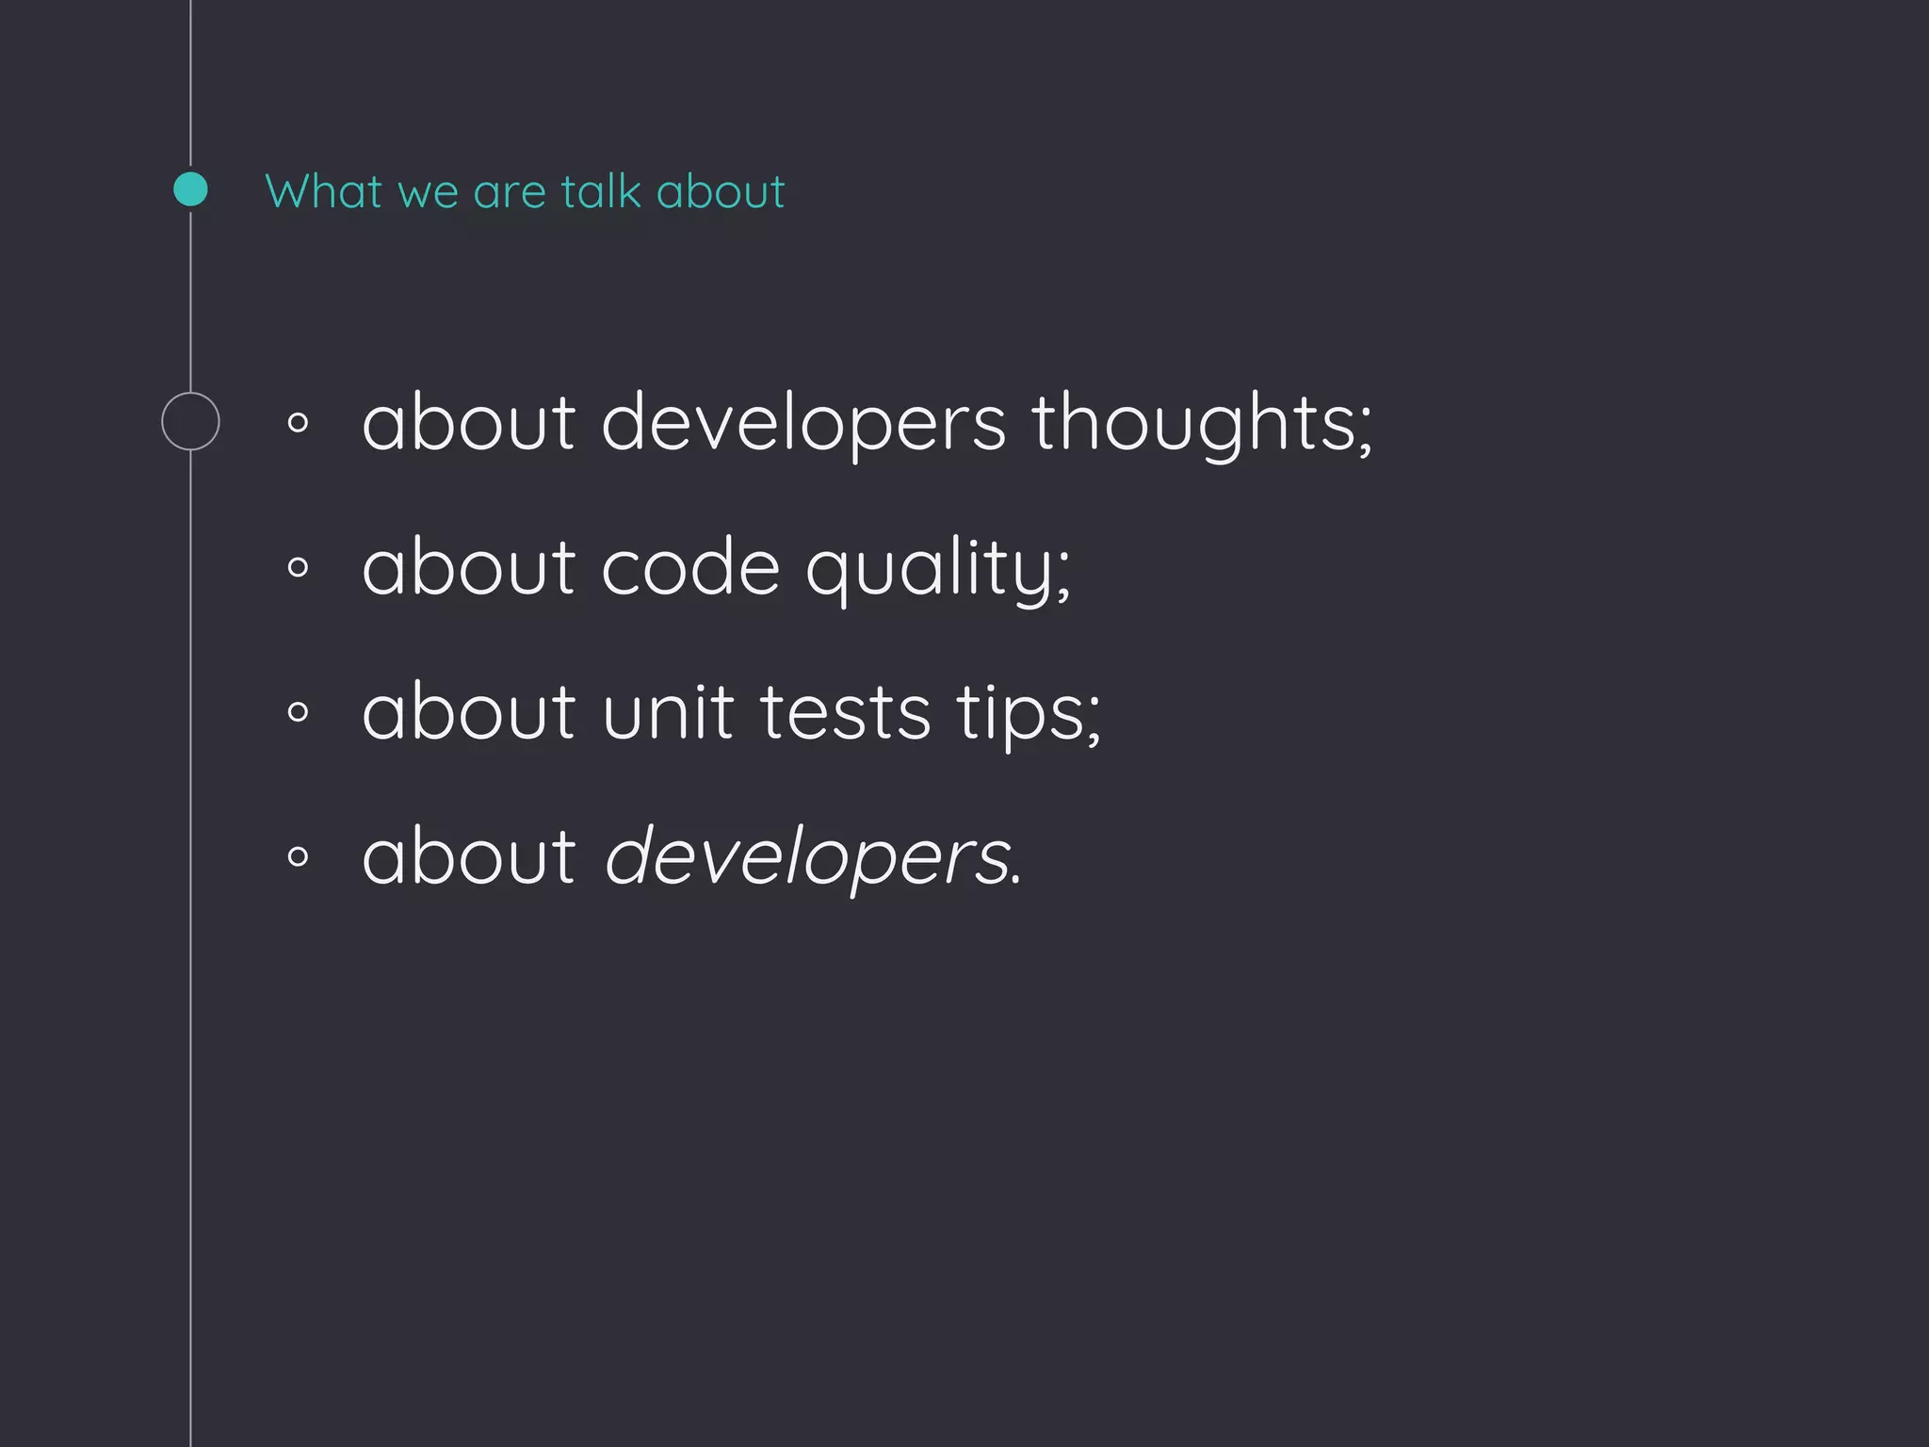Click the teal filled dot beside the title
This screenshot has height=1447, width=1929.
(190, 189)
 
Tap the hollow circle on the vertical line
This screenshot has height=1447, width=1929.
(190, 421)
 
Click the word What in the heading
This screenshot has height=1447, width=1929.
(323, 191)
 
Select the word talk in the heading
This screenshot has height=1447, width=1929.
(601, 191)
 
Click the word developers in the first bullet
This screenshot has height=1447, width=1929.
(803, 423)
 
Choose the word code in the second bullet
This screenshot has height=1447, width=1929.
(690, 568)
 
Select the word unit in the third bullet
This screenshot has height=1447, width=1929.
(668, 712)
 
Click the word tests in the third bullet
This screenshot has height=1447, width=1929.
(845, 712)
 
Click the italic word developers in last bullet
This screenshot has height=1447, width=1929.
(808, 857)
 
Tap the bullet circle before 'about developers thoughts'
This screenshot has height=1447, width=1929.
(298, 423)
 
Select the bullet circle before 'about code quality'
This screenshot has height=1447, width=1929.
(298, 567)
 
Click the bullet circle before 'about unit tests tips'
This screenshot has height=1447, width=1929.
(298, 712)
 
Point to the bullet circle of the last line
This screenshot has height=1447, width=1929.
(298, 856)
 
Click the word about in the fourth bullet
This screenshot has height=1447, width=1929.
(468, 856)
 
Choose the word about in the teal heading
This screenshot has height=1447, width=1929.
(721, 191)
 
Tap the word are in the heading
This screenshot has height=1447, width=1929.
(510, 193)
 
